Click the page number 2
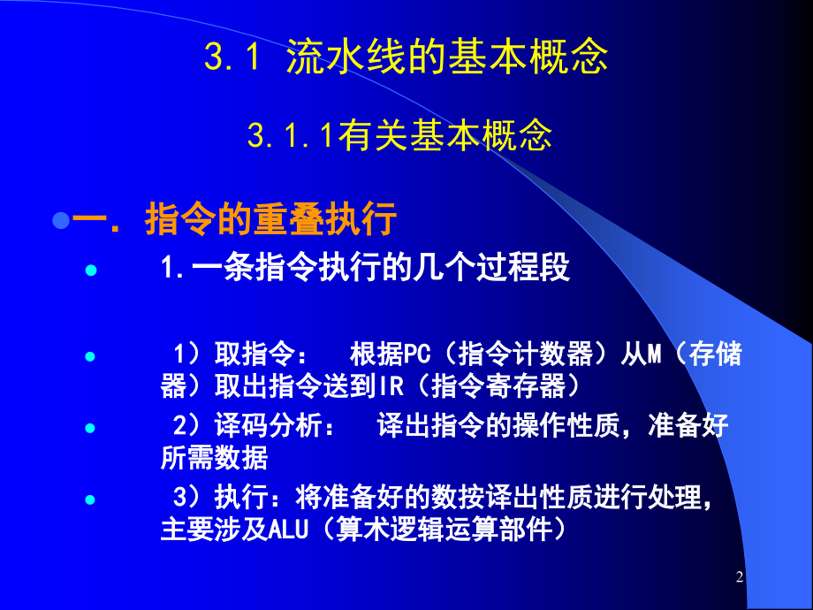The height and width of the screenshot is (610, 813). coord(740,578)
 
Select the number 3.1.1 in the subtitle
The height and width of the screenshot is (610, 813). coord(282,136)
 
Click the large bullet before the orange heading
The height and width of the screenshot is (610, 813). coord(61,219)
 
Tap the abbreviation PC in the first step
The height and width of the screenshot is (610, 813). coord(415,355)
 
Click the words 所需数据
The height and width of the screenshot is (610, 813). coord(214,457)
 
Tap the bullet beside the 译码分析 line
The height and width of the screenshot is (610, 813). coord(88,428)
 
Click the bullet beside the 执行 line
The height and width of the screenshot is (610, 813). coord(88,499)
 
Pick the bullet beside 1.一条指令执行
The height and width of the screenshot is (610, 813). coord(88,271)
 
